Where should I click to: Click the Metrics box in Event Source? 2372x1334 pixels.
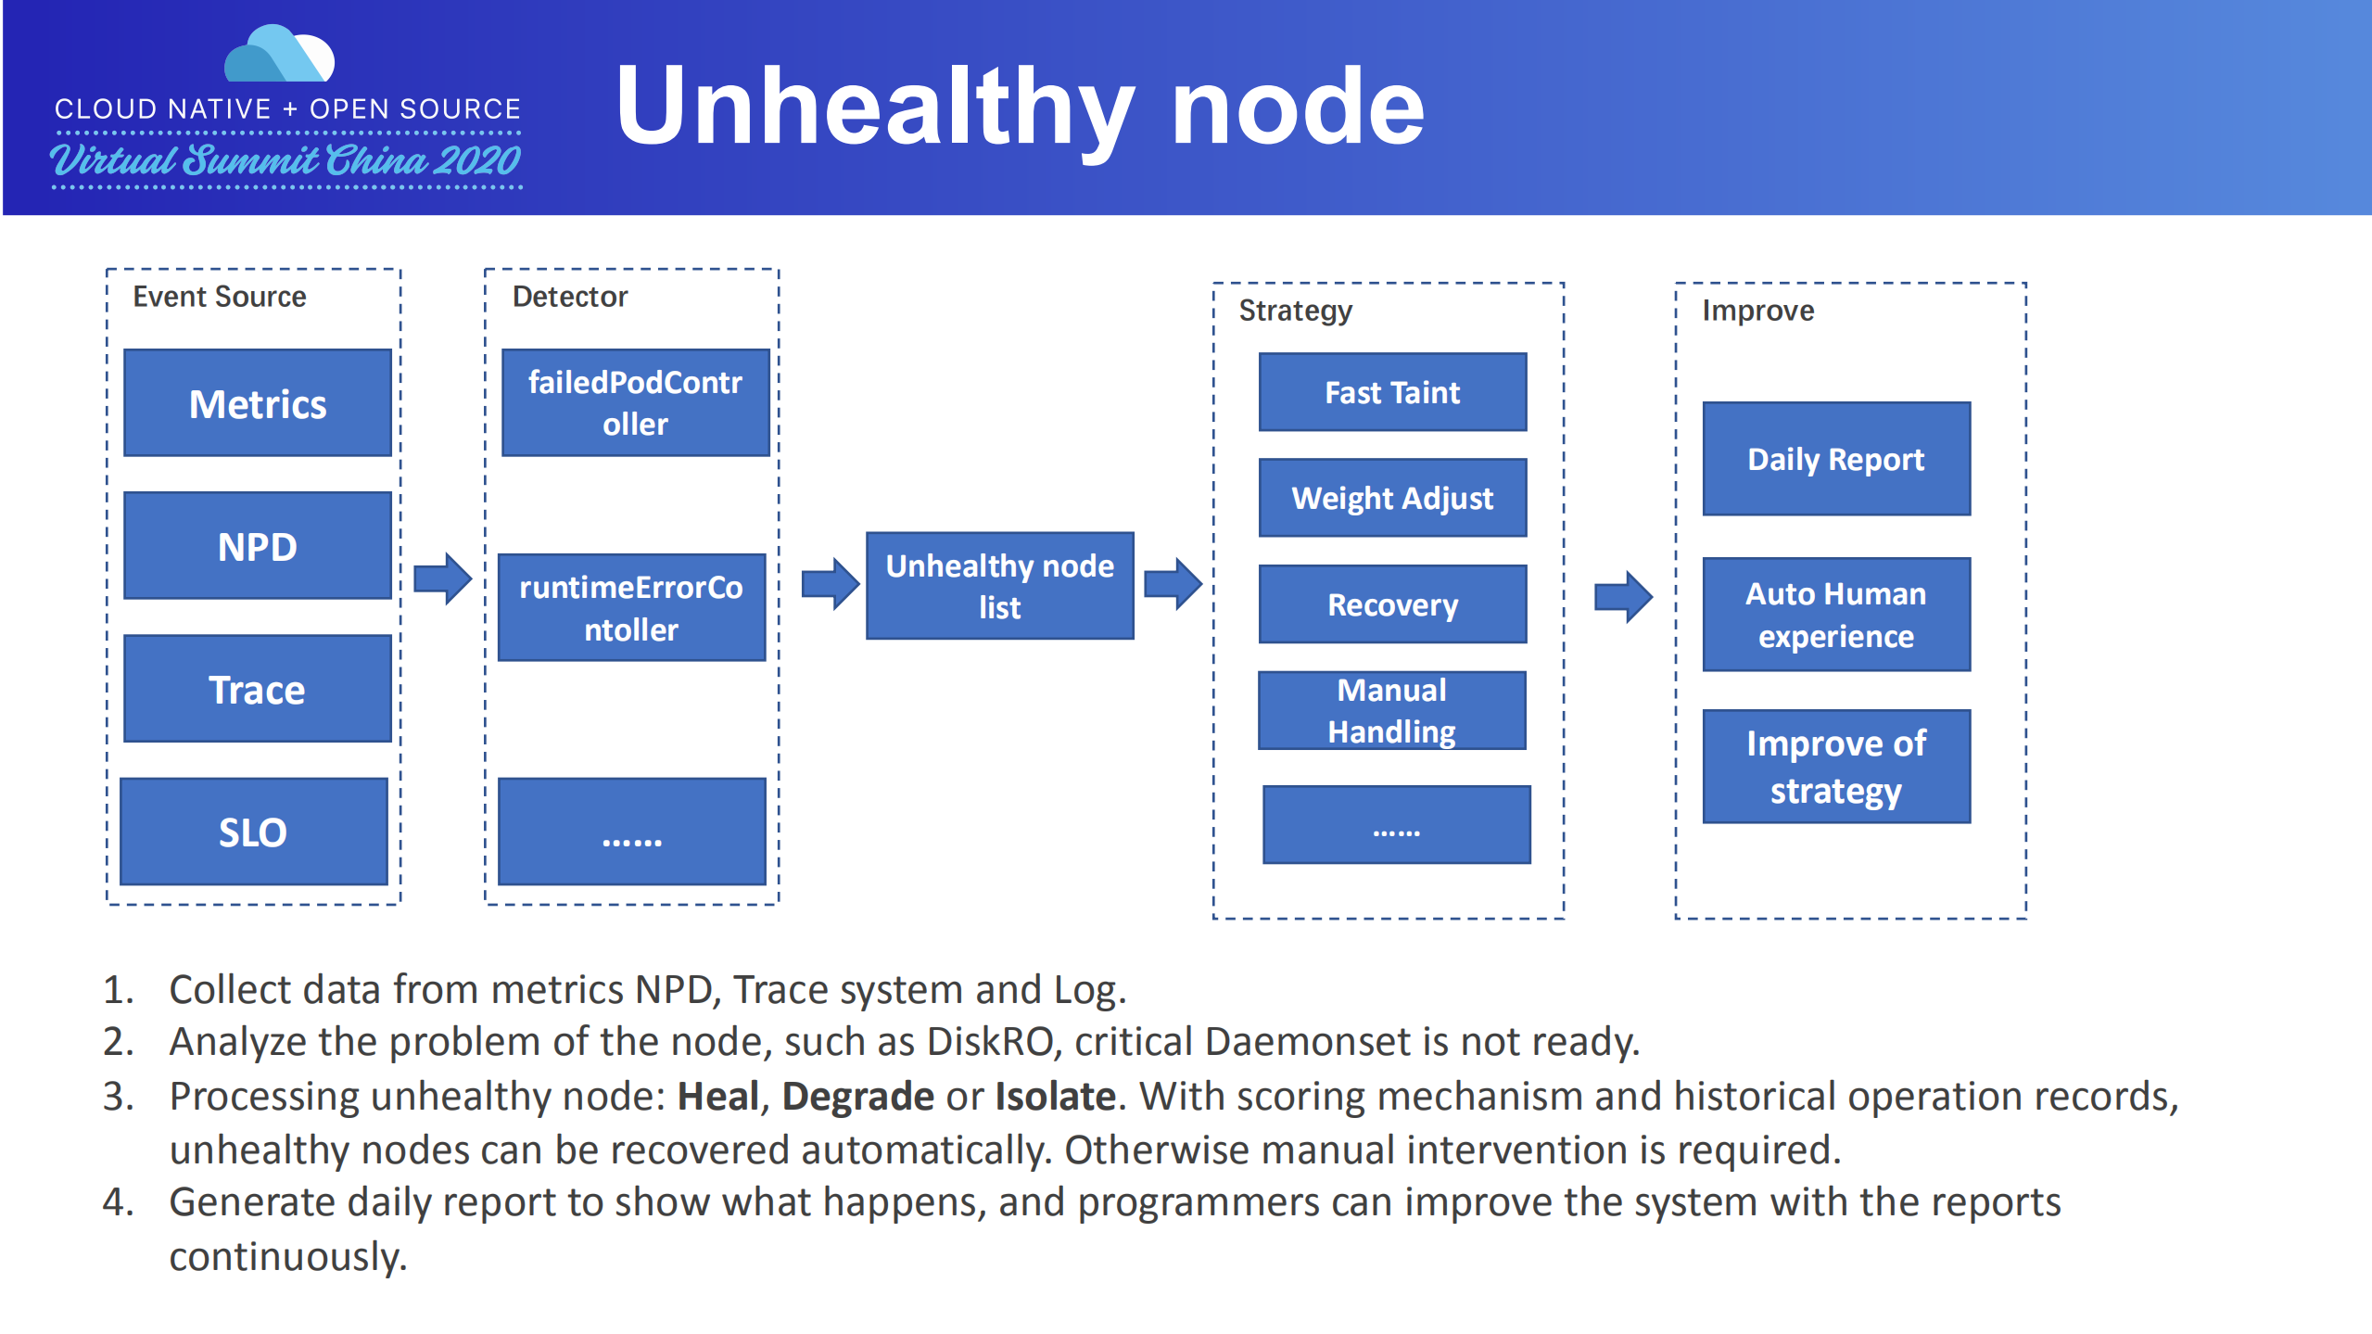tap(258, 403)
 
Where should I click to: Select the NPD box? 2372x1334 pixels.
tap(258, 546)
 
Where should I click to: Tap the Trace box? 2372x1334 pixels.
tap(258, 689)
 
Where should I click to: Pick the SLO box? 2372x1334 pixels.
tap(254, 832)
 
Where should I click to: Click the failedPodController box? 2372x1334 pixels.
tap(635, 402)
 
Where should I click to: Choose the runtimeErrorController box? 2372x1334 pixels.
tap(631, 608)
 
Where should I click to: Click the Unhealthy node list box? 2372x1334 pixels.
tap(999, 586)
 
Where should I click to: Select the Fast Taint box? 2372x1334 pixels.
tap(1392, 392)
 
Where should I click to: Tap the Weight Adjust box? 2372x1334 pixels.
tap(1392, 498)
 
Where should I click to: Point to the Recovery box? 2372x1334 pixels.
tap(1392, 604)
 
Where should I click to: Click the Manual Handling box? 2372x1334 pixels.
tap(1391, 710)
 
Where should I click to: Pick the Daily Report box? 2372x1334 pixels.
tap(1835, 459)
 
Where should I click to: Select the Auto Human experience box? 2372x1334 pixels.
tap(1835, 614)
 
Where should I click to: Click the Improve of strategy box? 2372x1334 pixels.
tap(1835, 767)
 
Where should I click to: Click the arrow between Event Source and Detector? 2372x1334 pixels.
tap(442, 579)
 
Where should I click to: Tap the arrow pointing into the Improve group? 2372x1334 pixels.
tap(1622, 596)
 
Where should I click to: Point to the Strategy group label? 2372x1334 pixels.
tap(1295, 311)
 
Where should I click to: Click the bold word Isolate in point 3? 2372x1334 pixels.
tap(1055, 1097)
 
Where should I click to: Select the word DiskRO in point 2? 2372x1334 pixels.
tap(990, 1042)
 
